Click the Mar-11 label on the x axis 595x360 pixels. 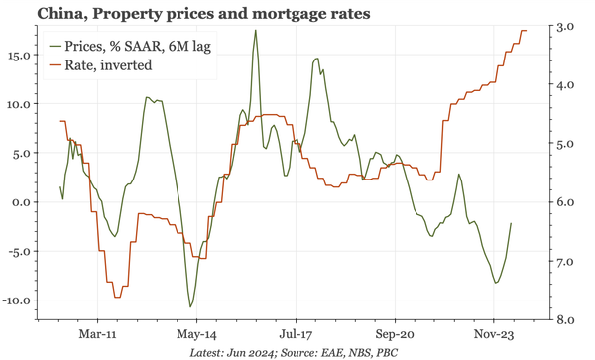(97, 335)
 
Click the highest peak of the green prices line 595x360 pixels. (255, 30)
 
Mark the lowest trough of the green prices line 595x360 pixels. (190, 306)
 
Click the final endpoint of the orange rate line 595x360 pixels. (527, 31)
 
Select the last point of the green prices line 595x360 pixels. (511, 223)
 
